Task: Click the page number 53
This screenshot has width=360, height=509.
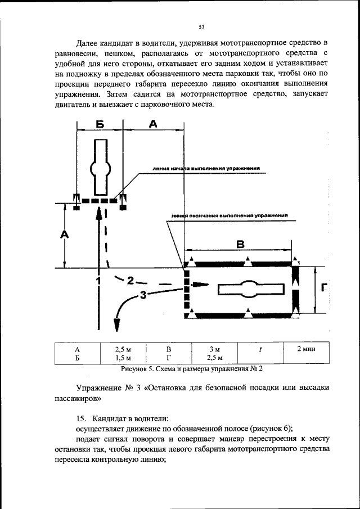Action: coord(201,27)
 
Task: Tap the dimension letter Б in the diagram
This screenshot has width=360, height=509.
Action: coord(100,125)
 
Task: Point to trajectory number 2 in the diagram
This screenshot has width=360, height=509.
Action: coord(130,280)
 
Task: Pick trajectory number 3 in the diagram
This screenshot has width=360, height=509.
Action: coord(143,294)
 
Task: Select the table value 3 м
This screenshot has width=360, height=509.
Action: coord(214,349)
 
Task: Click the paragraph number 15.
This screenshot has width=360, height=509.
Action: coord(81,418)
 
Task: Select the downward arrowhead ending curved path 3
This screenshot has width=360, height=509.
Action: coord(118,325)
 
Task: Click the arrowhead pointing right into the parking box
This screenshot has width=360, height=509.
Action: coord(198,285)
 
